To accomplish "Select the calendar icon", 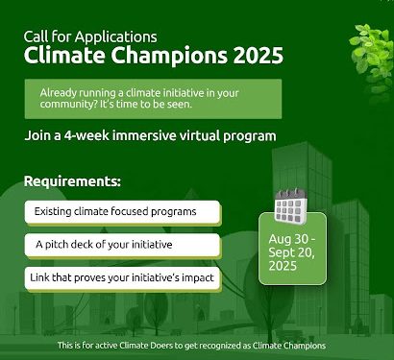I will (289, 205).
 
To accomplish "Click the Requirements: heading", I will (72, 181).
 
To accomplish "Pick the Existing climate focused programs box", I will (122, 211).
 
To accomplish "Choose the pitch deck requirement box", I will (122, 245).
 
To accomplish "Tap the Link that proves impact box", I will (122, 278).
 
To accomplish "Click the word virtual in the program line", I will (206, 135).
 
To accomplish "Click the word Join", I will (38, 135).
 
